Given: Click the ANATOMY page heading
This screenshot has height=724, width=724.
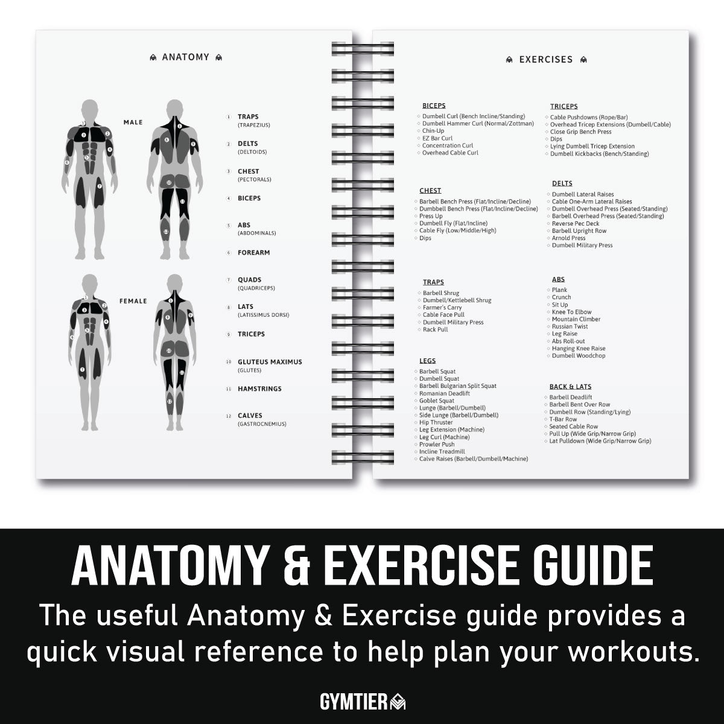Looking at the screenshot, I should point(185,57).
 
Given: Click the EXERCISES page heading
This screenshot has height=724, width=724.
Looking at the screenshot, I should point(546,60).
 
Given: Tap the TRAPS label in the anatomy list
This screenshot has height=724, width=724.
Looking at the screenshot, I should point(248,117).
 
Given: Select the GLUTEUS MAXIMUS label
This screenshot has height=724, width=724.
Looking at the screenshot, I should point(270,362).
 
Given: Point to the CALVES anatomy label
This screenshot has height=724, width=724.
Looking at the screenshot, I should point(250,416).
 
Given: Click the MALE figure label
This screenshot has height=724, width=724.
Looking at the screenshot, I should point(133,122).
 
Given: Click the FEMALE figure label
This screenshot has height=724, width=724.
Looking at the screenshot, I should point(133,301).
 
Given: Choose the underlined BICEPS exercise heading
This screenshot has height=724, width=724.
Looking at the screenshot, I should point(434,106).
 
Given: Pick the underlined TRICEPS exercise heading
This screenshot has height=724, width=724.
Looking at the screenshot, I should point(564,107).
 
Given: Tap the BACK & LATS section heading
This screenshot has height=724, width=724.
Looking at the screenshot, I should point(570,387).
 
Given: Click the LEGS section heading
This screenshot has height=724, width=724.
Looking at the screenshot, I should point(427,361).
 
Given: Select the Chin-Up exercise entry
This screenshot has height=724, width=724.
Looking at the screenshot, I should point(433,131).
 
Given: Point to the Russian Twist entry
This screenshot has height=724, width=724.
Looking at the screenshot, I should point(570,326).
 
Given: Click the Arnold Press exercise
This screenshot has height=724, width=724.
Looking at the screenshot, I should point(568,238).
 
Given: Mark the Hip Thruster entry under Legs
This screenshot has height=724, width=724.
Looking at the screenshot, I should point(436,422).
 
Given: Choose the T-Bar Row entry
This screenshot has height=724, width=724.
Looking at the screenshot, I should point(562,419).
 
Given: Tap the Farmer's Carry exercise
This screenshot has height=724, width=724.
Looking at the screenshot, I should point(442,308).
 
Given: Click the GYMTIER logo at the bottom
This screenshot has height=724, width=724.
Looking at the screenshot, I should point(362,702).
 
